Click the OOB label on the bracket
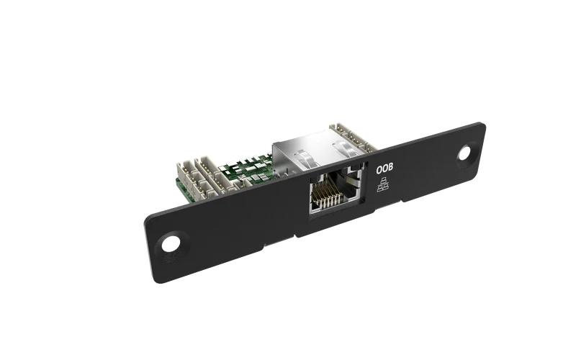(384, 168)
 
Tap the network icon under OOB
(382, 184)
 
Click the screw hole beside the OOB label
(464, 153)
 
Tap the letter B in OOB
(390, 168)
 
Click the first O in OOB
(379, 170)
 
